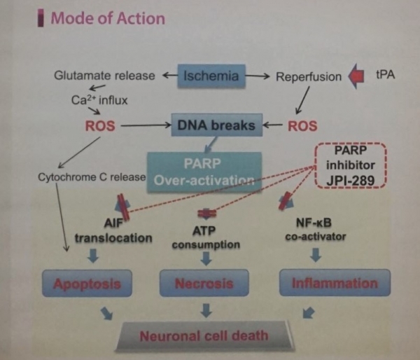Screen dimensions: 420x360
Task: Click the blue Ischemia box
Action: [x=211, y=76]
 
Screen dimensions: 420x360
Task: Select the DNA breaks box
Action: [x=217, y=125]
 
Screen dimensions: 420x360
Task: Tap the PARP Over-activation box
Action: [x=204, y=172]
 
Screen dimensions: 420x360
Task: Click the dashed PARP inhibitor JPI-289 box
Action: [x=351, y=165]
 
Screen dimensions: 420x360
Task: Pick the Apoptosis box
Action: [x=87, y=284]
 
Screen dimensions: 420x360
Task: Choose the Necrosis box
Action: [x=204, y=283]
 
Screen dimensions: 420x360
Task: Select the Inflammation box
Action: [x=335, y=283]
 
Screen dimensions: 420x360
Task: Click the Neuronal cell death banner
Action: [x=204, y=336]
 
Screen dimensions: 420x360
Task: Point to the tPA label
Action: [x=386, y=74]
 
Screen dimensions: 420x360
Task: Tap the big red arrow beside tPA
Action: [x=356, y=76]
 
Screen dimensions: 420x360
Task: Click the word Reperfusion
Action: [x=309, y=76]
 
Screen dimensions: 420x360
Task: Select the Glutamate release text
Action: [x=104, y=76]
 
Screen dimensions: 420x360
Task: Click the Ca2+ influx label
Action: [x=99, y=100]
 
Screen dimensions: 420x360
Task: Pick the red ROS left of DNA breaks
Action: [x=100, y=125]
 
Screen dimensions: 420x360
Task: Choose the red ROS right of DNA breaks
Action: [x=302, y=125]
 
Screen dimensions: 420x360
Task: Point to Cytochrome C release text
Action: [x=92, y=177]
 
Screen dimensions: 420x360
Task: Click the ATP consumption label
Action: [x=206, y=237]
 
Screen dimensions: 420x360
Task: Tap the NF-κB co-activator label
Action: [x=316, y=230]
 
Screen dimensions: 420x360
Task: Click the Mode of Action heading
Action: [x=108, y=18]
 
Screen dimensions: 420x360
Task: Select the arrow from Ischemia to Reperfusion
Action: [x=258, y=76]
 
